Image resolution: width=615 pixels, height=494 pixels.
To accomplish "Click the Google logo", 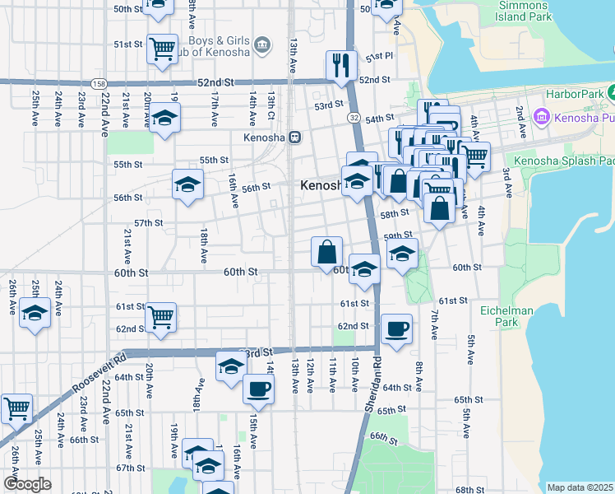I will [x=26, y=484].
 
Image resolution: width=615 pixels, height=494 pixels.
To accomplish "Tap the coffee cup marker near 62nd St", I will [x=396, y=329].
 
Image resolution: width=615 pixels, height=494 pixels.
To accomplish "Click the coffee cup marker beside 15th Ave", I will [x=258, y=389].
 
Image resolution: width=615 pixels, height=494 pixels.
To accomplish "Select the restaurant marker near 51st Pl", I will [x=341, y=64].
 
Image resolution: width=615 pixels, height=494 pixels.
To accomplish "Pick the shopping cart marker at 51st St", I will [x=162, y=48].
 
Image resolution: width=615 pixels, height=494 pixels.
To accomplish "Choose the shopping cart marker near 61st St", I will [x=160, y=315].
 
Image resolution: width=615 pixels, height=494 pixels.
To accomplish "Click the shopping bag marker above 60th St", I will [x=326, y=251].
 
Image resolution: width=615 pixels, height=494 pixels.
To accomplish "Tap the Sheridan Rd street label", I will [x=372, y=386].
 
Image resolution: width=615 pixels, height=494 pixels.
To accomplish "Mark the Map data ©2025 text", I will [x=580, y=487].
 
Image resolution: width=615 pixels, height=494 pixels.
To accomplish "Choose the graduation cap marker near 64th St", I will [x=231, y=366].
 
